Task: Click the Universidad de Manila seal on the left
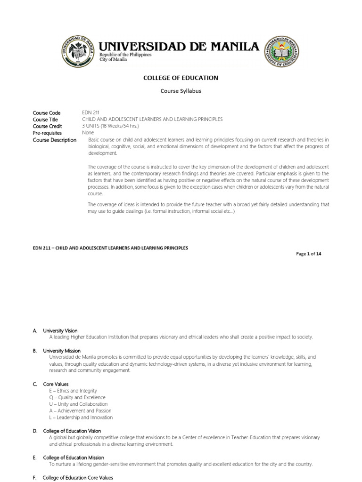[x=77, y=52]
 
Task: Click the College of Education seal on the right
[x=281, y=52]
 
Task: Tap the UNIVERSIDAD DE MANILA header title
[x=179, y=46]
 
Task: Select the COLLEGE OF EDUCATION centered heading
[x=181, y=78]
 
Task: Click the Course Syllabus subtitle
[x=181, y=91]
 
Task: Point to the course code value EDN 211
[x=90, y=113]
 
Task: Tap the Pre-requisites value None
[x=88, y=133]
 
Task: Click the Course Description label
[x=54, y=140]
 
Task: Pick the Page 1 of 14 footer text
[x=309, y=254]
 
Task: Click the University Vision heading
[x=60, y=331]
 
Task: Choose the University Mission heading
[x=62, y=351]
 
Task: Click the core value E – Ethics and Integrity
[x=73, y=391]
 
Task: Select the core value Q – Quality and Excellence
[x=78, y=397]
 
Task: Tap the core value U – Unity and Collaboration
[x=78, y=404]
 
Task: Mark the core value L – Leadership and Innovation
[x=81, y=417]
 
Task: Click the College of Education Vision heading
[x=72, y=431]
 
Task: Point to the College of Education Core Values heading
[x=78, y=478]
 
